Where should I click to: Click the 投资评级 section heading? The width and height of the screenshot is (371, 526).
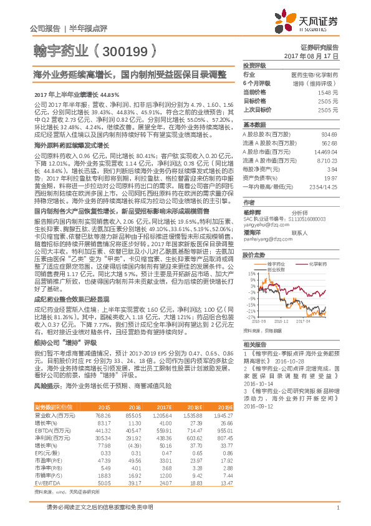[x=254, y=65]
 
